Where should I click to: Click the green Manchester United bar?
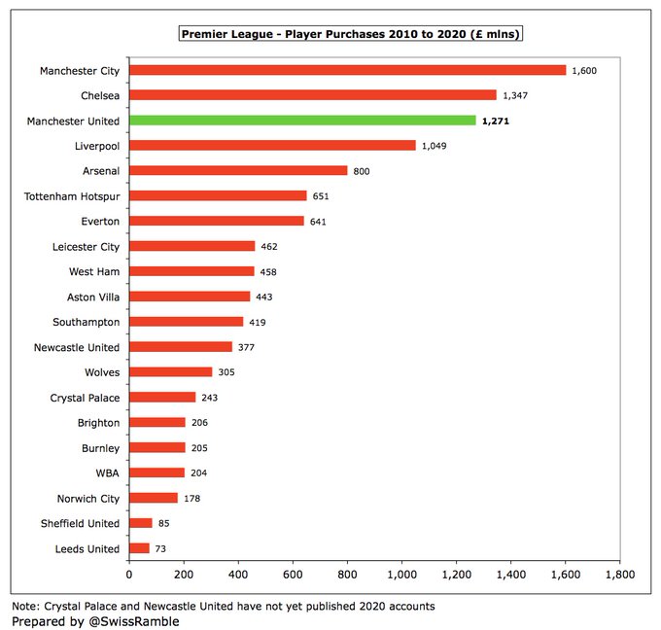pos(302,121)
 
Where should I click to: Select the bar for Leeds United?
pos(140,548)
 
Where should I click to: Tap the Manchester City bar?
pos(347,70)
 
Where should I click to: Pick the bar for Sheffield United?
pos(141,523)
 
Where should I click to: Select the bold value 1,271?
pos(499,121)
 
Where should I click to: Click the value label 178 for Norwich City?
pos(192,498)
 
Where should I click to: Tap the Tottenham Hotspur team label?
pos(72,196)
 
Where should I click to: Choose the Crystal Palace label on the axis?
pos(85,398)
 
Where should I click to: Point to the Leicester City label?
pos(86,247)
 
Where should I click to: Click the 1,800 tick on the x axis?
pos(619,576)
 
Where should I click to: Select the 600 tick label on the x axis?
pos(293,576)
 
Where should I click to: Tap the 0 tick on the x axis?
pos(129,576)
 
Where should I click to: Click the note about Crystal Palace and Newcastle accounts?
pos(223,605)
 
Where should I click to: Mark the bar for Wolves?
pos(170,372)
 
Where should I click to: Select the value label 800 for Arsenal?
pos(362,171)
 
